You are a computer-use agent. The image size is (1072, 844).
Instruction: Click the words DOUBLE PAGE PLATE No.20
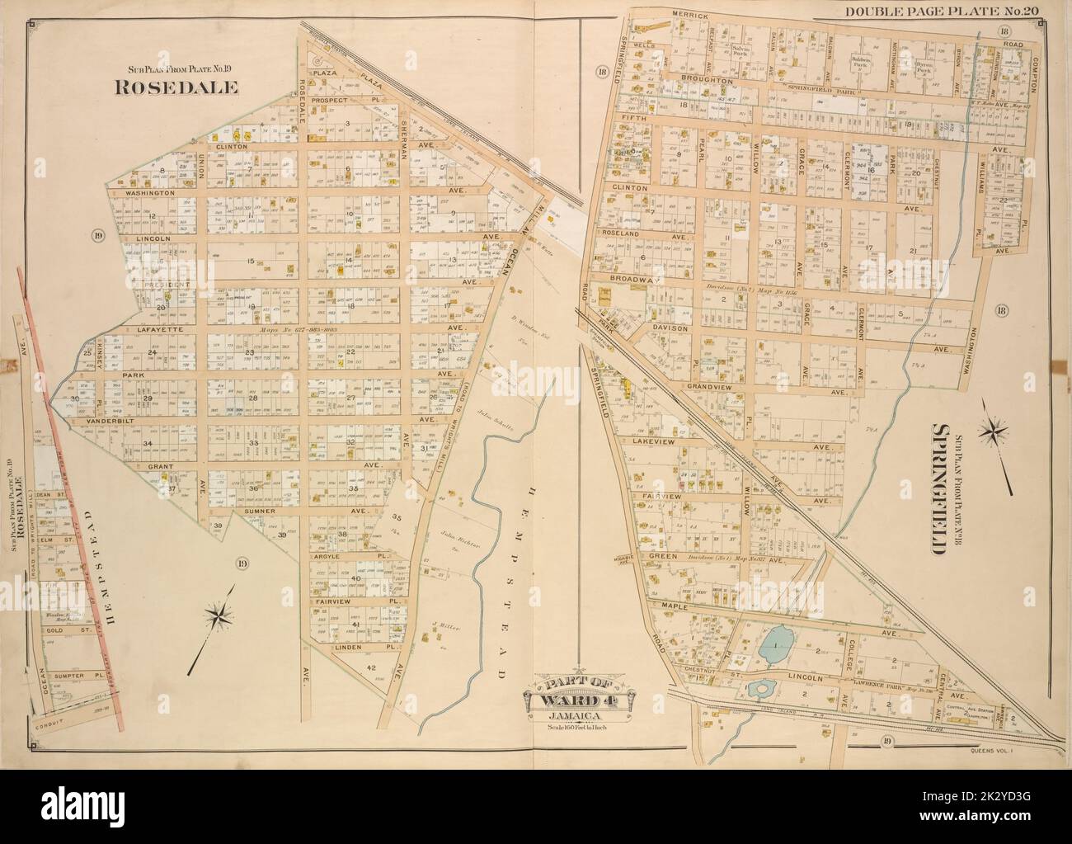tap(966, 10)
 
